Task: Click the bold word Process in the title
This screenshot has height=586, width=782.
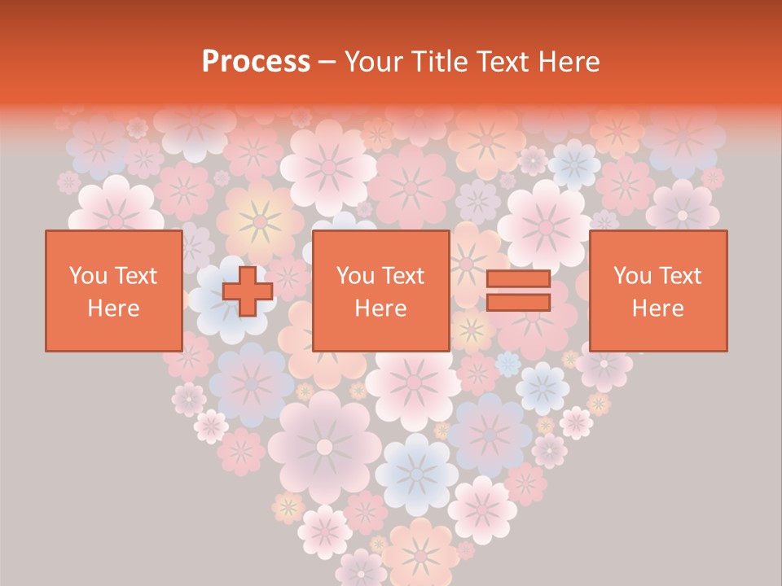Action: [256, 62]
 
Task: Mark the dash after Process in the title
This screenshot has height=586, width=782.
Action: [327, 63]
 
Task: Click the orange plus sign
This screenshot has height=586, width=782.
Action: [248, 291]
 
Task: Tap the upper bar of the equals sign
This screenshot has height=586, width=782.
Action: [518, 279]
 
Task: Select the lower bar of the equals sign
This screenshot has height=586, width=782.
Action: [518, 303]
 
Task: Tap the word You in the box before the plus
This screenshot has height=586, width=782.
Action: [87, 276]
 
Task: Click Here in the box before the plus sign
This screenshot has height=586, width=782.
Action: [113, 308]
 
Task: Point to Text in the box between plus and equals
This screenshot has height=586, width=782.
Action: [403, 276]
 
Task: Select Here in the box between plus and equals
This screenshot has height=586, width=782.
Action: [380, 308]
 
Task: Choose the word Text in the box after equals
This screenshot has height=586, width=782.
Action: [680, 276]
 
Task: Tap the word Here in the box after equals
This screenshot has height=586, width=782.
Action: [657, 308]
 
